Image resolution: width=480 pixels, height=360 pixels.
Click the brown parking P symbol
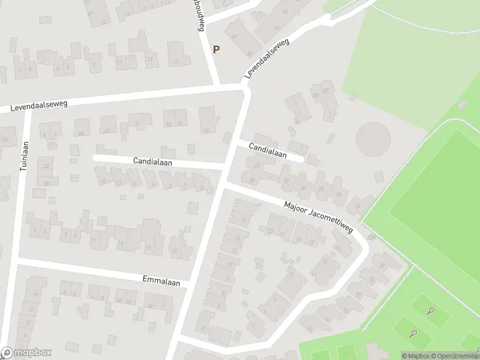click(x=216, y=50)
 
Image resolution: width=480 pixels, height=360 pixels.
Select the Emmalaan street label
click(x=158, y=279)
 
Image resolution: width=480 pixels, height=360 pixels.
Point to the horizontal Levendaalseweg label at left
click(x=39, y=106)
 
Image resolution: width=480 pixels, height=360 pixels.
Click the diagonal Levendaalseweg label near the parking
click(x=266, y=58)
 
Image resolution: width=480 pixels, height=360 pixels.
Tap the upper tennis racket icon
click(x=430, y=311)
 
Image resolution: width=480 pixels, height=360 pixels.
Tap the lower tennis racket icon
click(x=413, y=333)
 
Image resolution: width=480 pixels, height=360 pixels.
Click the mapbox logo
click(x=26, y=352)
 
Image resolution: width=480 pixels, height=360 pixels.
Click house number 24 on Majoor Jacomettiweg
click(x=358, y=206)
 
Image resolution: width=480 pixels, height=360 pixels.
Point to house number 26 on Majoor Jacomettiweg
click(x=339, y=194)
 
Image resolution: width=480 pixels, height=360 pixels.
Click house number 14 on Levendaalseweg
click(x=206, y=130)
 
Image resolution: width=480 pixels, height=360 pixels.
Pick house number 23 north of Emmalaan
click(x=173, y=251)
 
